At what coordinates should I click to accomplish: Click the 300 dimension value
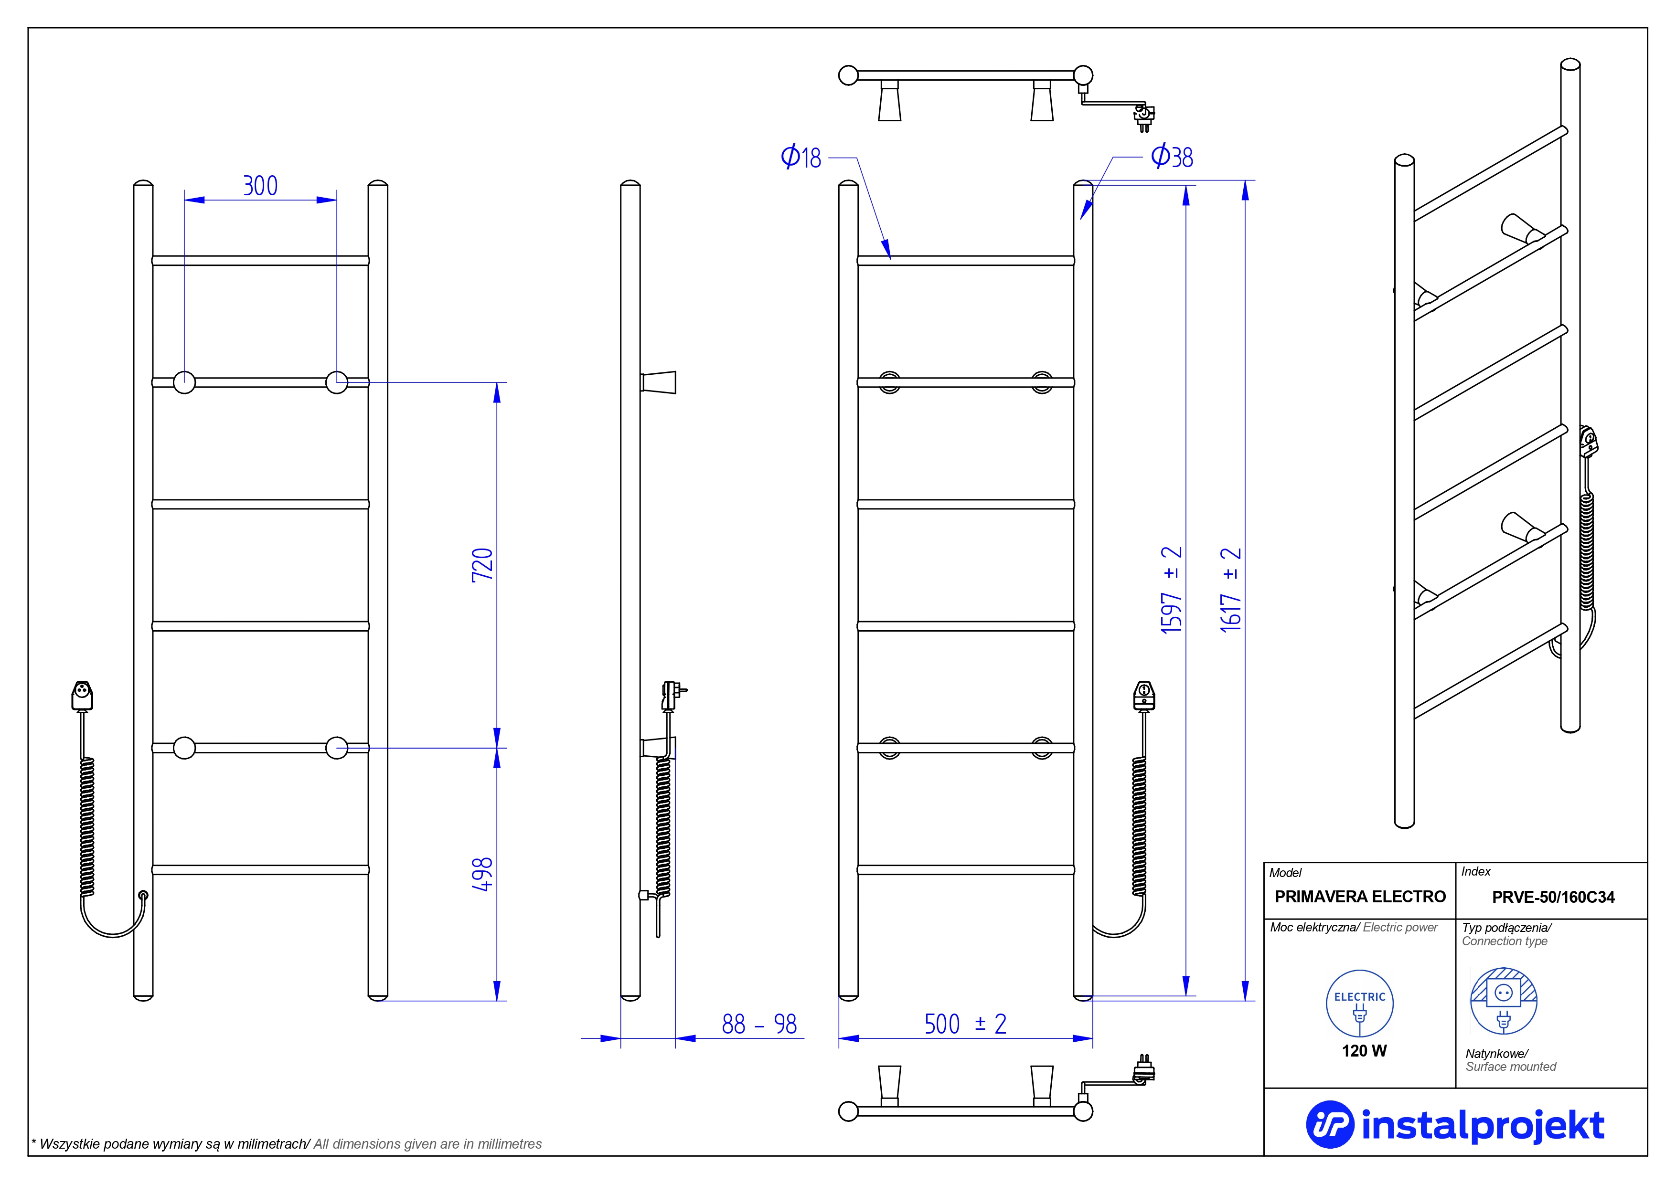pos(260,186)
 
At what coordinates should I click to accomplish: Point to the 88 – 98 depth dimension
pos(759,1024)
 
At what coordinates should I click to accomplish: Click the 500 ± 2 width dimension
pos(965,1024)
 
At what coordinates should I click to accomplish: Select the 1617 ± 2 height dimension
pos(1231,590)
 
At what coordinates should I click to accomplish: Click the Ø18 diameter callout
pos(801,158)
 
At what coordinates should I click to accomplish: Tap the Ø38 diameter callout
pos(1172,157)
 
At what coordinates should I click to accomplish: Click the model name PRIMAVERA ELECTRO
pos(1360,897)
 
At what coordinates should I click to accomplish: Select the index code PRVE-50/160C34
pos(1553,897)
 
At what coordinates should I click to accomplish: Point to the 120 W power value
pos(1364,1050)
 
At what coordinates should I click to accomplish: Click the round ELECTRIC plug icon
pos(1359,1004)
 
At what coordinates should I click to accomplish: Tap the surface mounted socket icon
pos(1503,1001)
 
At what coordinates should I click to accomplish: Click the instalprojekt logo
pos(1455,1124)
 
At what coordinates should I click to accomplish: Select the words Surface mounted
pos(1510,1067)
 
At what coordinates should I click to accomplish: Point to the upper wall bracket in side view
pos(659,382)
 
